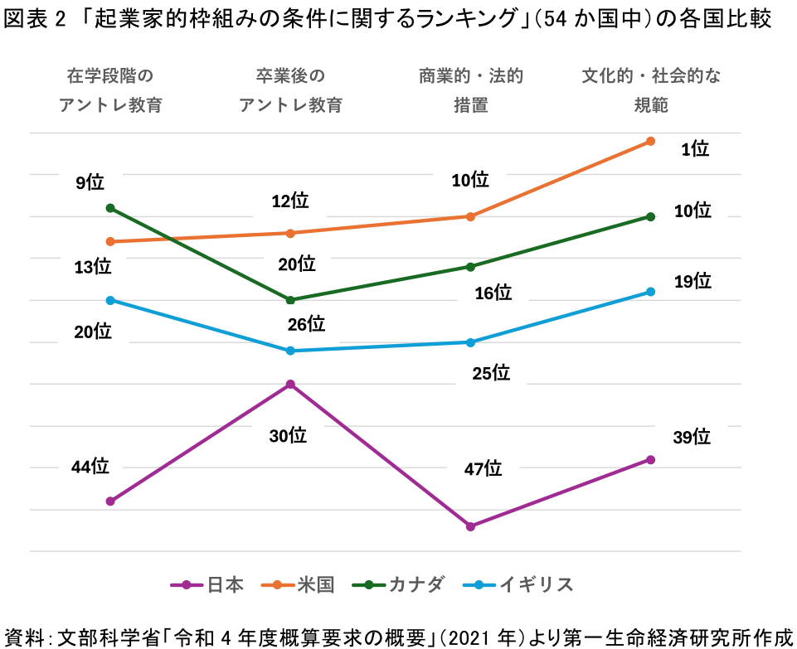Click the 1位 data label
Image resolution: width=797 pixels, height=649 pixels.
[695, 149]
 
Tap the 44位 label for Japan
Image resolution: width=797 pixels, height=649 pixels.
[90, 467]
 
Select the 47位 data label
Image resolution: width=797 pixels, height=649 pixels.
[484, 469]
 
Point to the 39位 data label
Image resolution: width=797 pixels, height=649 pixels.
[692, 437]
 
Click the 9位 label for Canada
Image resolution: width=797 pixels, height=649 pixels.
[90, 182]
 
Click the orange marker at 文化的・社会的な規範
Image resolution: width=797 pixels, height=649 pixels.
[651, 141]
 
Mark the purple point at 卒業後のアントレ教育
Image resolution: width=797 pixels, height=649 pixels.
[290, 384]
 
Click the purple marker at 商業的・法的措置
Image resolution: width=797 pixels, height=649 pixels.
[470, 526]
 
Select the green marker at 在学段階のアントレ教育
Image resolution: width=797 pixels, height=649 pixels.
[110, 208]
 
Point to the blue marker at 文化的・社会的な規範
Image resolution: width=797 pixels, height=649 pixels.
[651, 292]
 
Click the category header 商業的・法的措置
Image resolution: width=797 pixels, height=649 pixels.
[471, 90]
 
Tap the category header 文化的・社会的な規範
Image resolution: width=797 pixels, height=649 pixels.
[651, 90]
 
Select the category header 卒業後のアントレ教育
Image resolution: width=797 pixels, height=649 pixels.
[290, 90]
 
